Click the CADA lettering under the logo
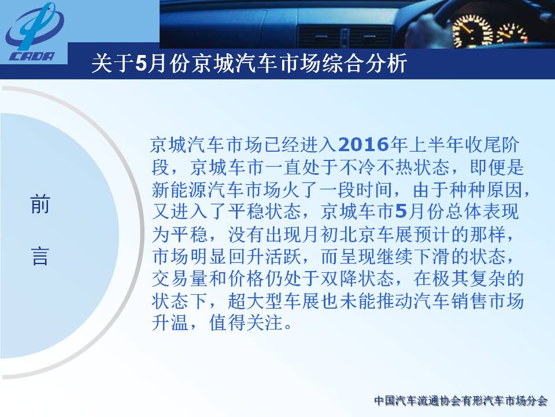coord(32,56)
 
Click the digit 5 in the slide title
coord(140,64)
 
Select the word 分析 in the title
coord(387,64)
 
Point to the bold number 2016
coord(364,145)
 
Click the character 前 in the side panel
coord(40,204)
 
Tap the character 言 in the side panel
coord(40,257)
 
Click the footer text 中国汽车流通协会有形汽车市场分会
coord(461,401)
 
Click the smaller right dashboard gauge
coord(512,34)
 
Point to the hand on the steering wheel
coord(424,30)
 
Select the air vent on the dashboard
coord(345,36)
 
